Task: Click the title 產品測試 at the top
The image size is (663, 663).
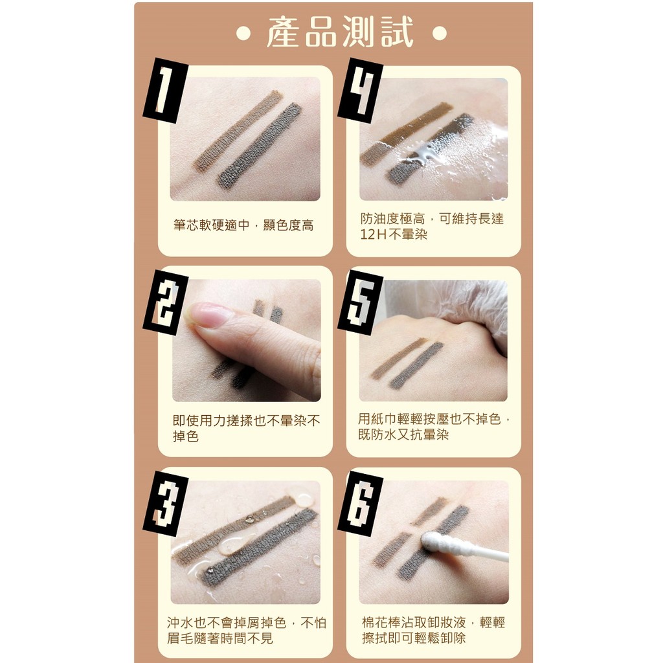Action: (340, 32)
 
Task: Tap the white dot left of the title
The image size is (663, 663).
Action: (243, 34)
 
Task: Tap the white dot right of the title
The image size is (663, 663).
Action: (440, 34)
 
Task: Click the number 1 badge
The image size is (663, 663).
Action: (165, 90)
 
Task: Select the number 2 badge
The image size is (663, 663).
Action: (165, 302)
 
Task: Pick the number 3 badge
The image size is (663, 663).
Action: (165, 503)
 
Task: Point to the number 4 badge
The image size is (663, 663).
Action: (360, 90)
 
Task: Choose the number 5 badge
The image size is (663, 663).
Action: (360, 302)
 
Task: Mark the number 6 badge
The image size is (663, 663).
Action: (360, 503)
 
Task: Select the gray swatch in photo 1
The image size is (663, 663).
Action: (259, 146)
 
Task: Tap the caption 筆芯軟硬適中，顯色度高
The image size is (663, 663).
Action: (243, 225)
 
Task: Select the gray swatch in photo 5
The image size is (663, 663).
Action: (416, 366)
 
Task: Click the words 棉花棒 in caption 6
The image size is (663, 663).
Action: (381, 622)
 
